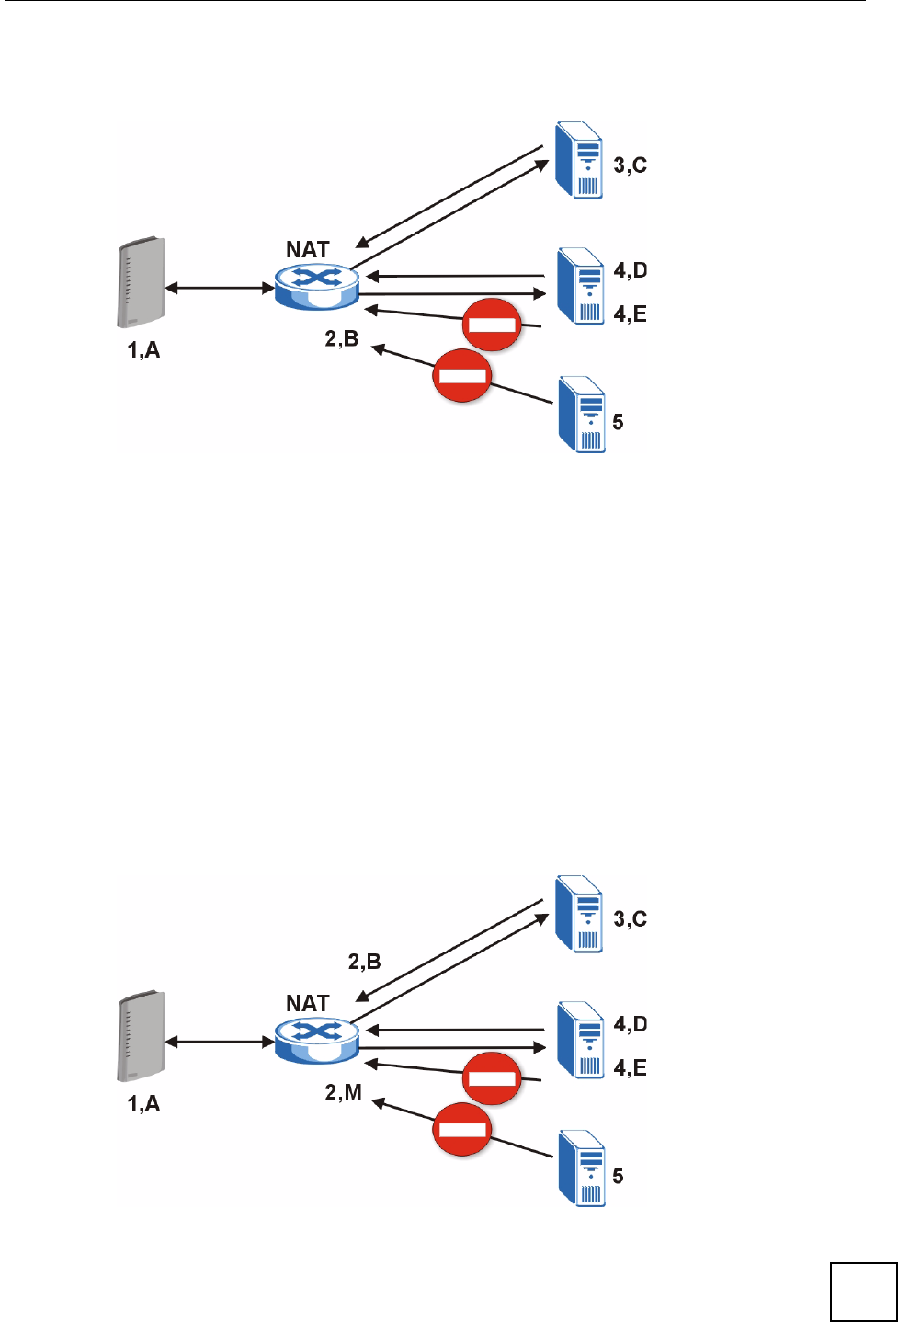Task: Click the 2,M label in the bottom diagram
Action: (343, 1092)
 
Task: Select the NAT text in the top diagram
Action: (307, 249)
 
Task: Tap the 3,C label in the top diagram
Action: (630, 165)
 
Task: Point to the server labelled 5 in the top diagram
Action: (582, 415)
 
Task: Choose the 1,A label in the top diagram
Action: (143, 349)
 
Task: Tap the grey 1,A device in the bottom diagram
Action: (141, 1035)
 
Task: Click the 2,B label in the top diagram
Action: (341, 338)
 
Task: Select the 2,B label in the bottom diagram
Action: (364, 962)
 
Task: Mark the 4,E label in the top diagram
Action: (630, 314)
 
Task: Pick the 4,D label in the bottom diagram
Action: (630, 1024)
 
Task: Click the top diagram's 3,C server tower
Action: (580, 162)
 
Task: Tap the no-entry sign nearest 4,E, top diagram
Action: (492, 325)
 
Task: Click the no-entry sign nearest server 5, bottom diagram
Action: (462, 1129)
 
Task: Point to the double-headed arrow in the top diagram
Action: (220, 289)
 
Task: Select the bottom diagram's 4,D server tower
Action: (580, 1040)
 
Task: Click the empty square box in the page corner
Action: (863, 1292)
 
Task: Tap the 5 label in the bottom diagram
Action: (618, 1176)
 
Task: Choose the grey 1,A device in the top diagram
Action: (141, 282)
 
